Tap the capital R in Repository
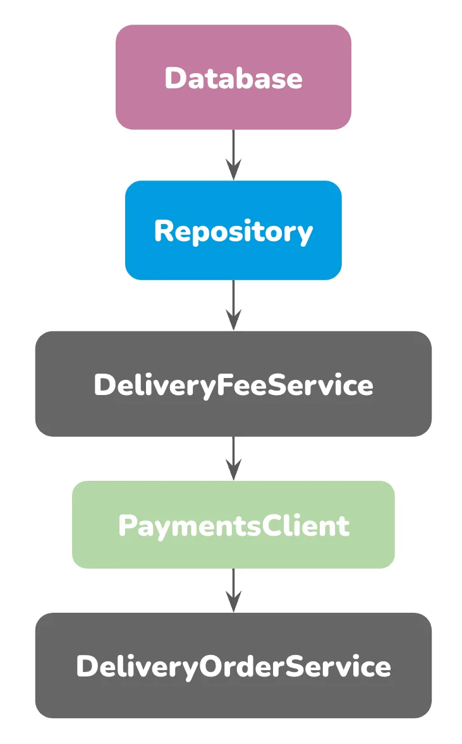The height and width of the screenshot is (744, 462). tap(164, 231)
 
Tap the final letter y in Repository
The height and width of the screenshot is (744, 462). tap(305, 233)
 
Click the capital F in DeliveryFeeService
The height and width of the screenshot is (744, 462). tap(224, 385)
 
